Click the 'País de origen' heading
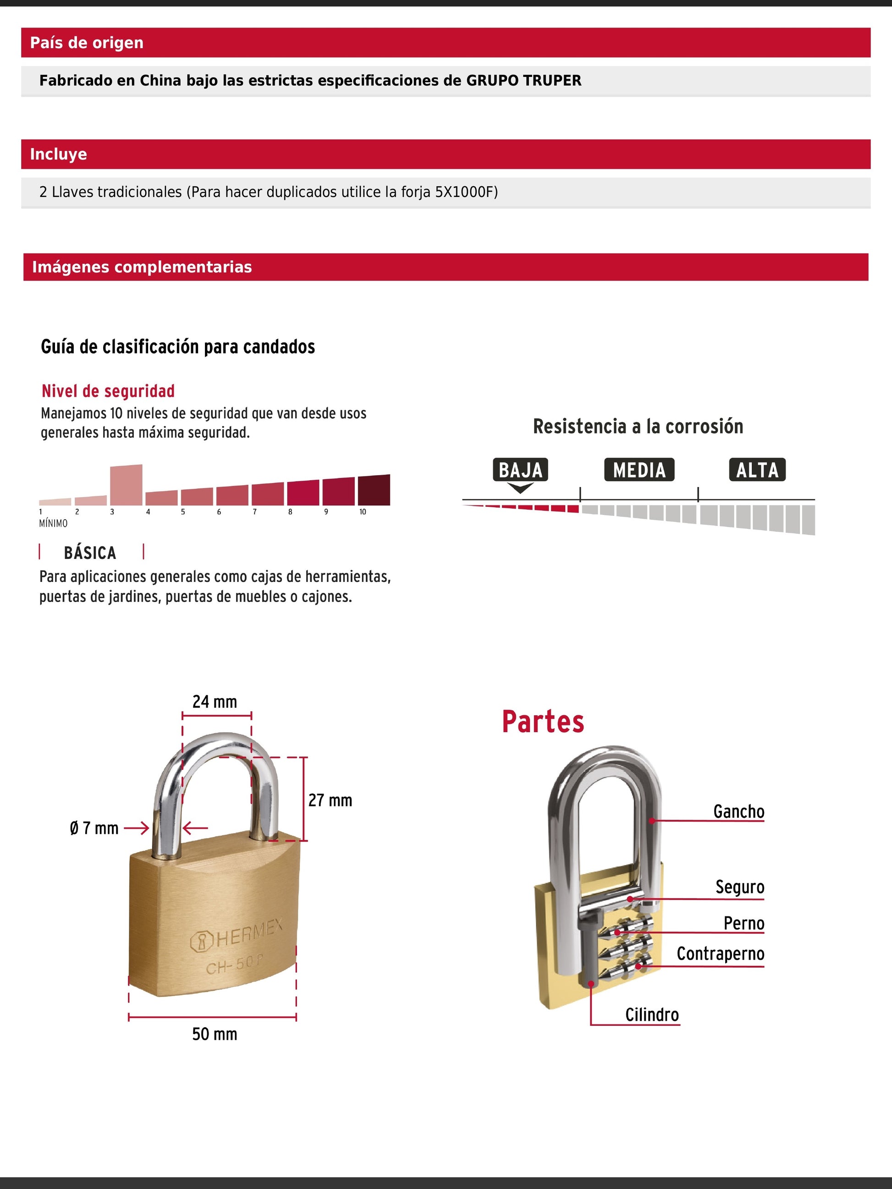click(x=87, y=43)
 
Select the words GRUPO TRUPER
click(x=523, y=81)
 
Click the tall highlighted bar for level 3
click(x=126, y=485)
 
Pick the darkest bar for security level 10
click(x=374, y=490)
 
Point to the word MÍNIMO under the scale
click(x=53, y=523)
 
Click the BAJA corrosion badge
click(x=520, y=470)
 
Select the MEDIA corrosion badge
click(x=639, y=470)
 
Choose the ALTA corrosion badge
click(x=757, y=470)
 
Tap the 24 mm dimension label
click(x=215, y=702)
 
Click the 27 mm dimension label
click(x=330, y=800)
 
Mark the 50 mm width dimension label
click(x=215, y=1034)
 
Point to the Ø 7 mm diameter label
click(x=94, y=828)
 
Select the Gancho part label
click(x=738, y=811)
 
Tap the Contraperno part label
click(x=720, y=953)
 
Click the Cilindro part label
click(x=652, y=1015)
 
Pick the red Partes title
click(x=543, y=722)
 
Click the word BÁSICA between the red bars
click(x=90, y=553)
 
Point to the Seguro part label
click(x=739, y=887)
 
